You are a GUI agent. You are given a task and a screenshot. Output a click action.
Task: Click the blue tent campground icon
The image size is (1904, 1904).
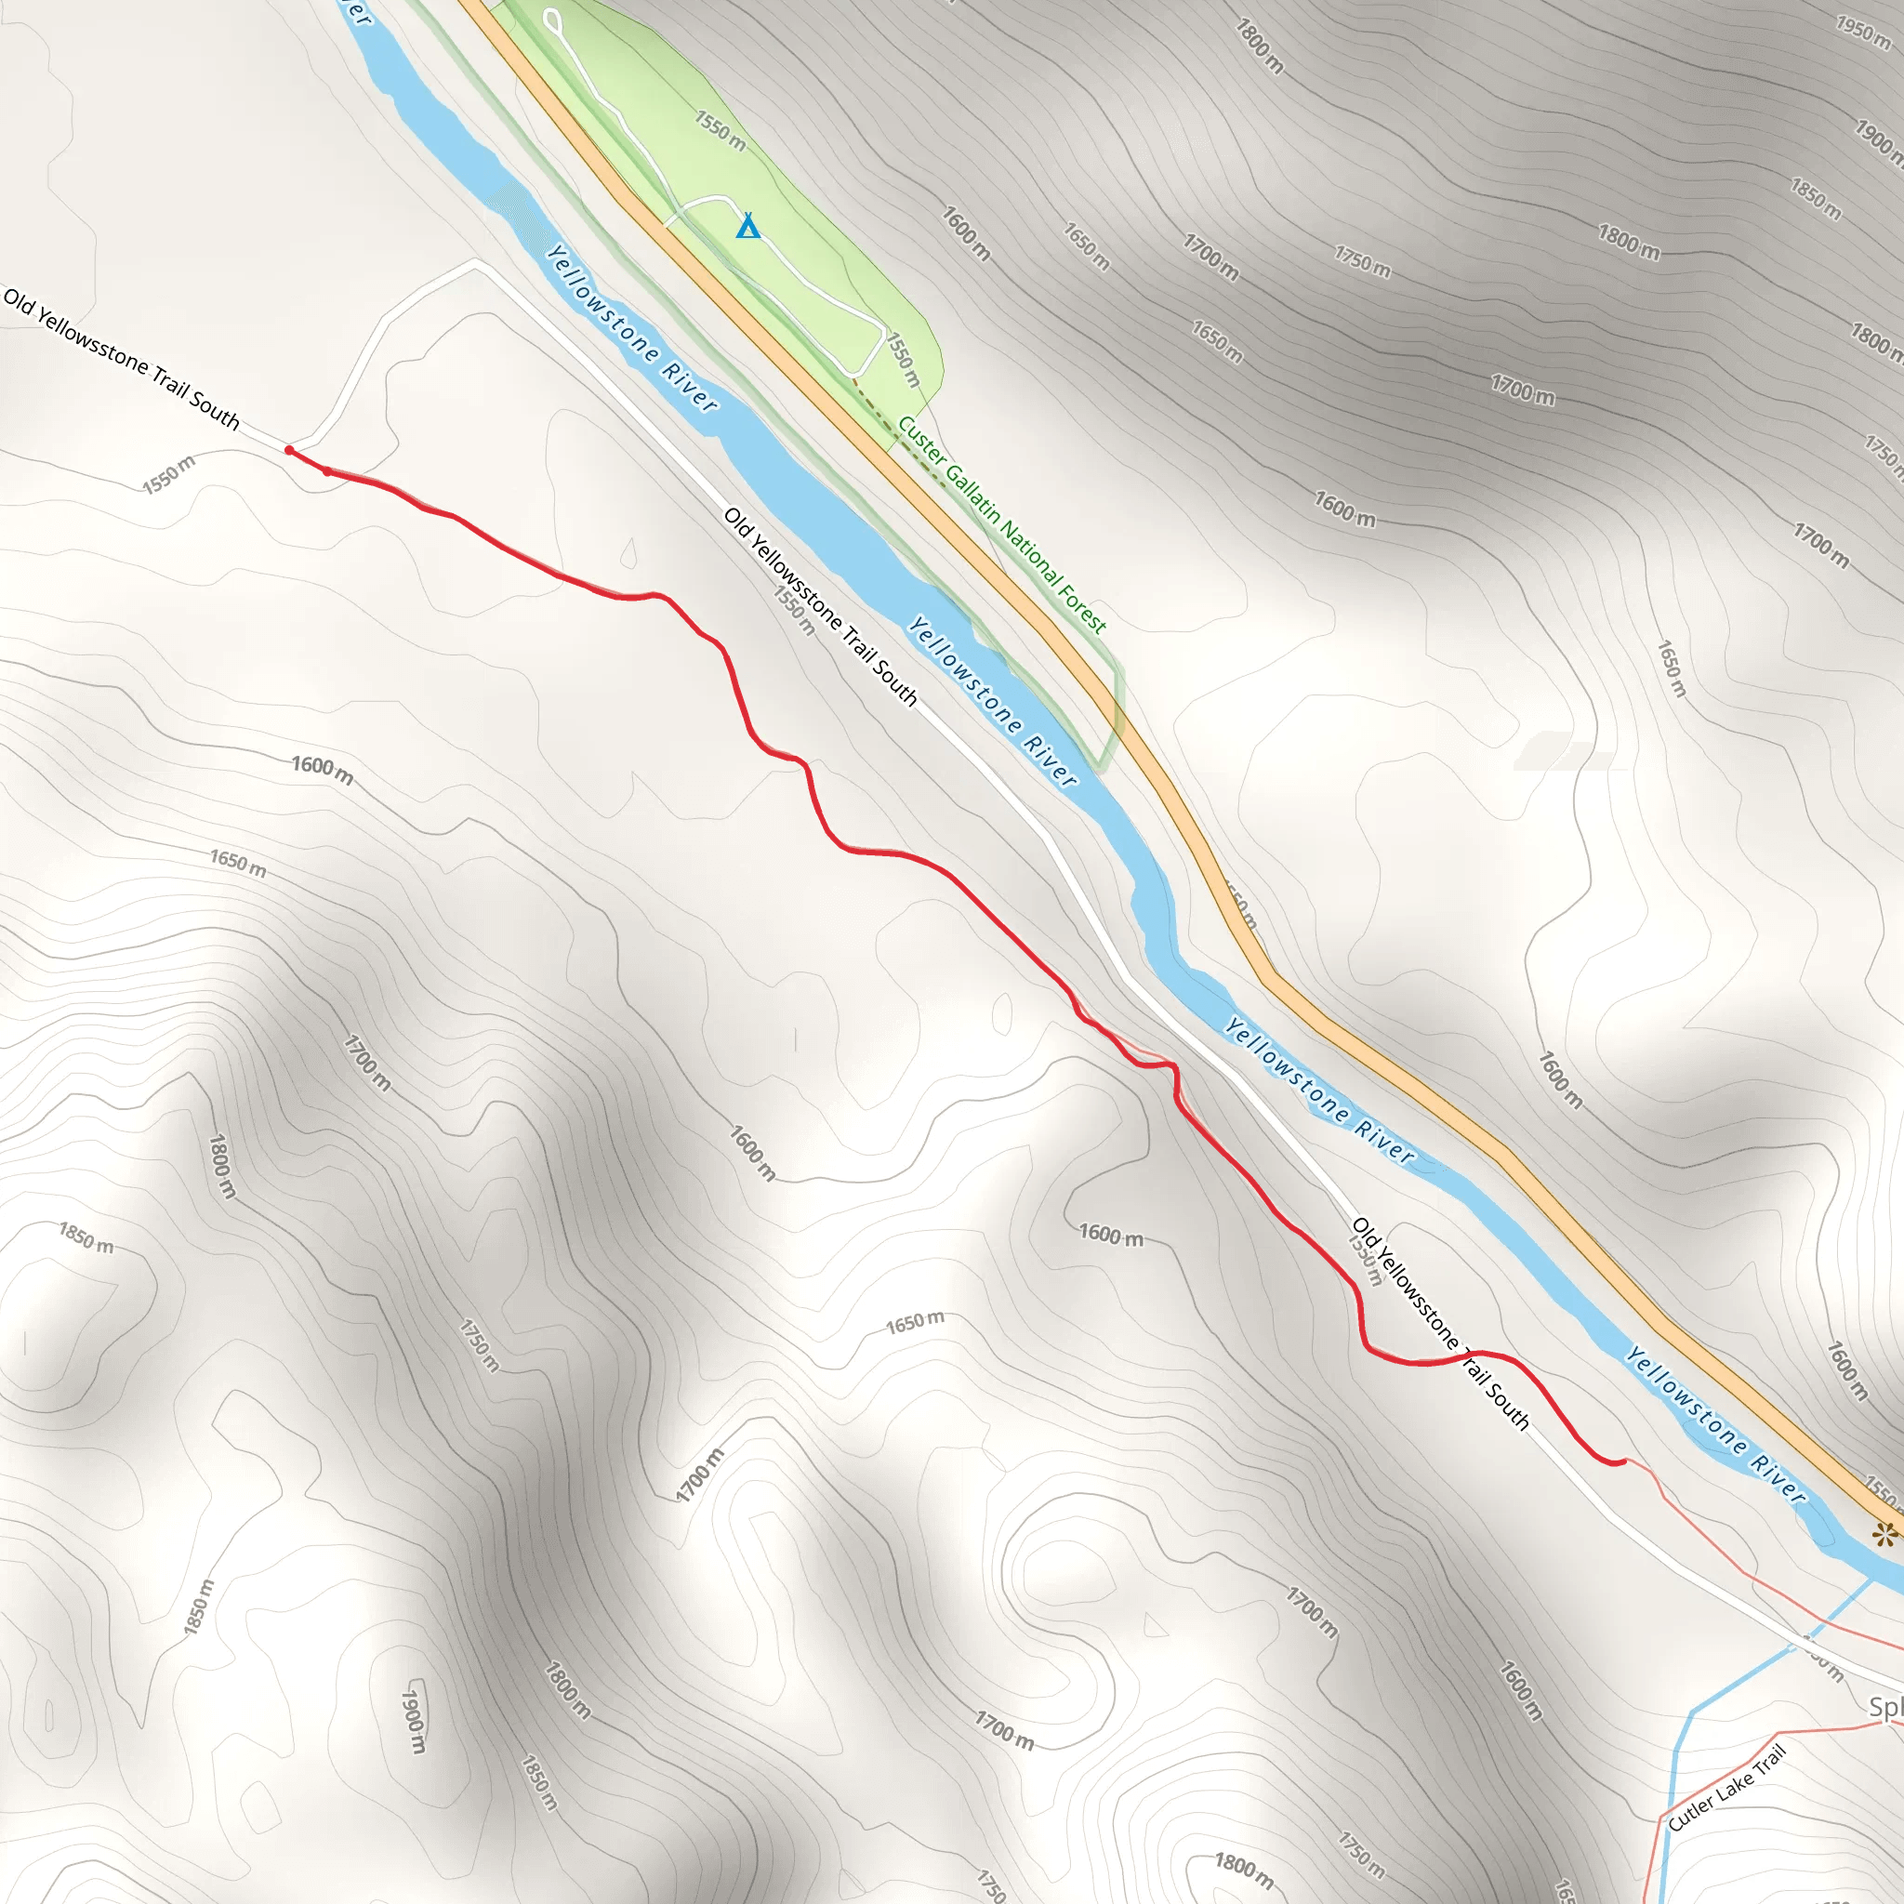[x=749, y=227]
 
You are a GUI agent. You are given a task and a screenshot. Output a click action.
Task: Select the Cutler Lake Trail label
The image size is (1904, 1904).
[x=1726, y=1789]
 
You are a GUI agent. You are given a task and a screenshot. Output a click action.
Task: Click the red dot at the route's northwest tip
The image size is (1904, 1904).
[x=289, y=450]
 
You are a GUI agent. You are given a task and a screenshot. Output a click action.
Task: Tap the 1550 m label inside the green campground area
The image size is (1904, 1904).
[x=721, y=130]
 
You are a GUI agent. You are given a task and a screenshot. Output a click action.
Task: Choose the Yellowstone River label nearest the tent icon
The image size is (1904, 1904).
[x=630, y=328]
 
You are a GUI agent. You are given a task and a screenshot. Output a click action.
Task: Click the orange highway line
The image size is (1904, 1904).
[x=1380, y=1064]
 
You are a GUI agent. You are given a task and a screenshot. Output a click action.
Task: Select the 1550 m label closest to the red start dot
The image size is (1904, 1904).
[x=168, y=474]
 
